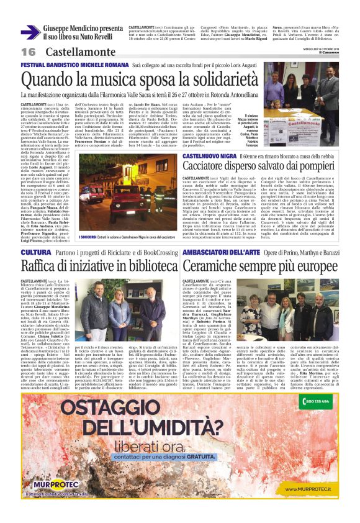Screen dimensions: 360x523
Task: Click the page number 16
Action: click(29, 52)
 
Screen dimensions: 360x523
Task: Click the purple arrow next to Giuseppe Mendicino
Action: click(31, 32)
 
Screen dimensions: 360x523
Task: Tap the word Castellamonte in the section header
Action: click(73, 52)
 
